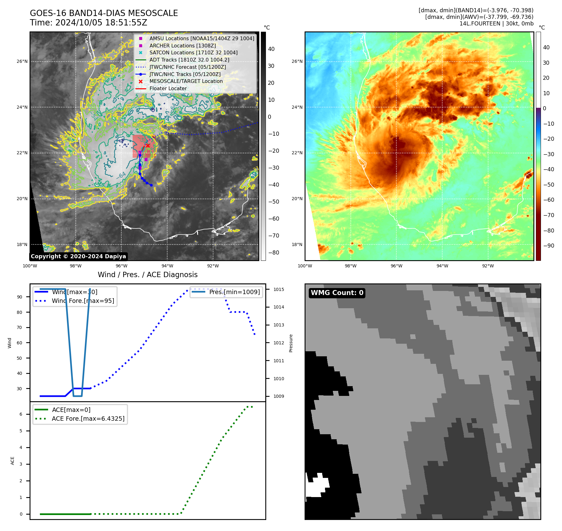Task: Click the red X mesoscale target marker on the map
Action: coord(148,145)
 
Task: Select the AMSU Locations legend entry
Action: coord(201,38)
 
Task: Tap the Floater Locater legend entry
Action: coord(168,88)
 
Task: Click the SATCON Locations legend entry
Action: coord(193,52)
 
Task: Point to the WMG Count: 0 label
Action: coord(337,293)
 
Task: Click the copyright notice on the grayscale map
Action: coord(78,256)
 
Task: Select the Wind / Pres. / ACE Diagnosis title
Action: coord(148,275)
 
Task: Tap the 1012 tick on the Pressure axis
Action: coord(278,343)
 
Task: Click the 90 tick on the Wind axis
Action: coord(19,297)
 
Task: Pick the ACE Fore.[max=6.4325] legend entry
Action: coord(88,419)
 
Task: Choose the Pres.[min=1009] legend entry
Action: coord(234,292)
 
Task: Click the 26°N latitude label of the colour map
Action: coord(297,61)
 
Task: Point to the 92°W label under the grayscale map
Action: coord(213,266)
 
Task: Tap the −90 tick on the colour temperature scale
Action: coord(549,246)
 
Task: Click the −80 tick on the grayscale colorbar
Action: coord(273,253)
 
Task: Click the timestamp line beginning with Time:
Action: coord(89,23)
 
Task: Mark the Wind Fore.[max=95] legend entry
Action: coord(83,301)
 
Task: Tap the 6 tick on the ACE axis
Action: coord(21,414)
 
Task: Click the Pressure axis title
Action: coord(291,343)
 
